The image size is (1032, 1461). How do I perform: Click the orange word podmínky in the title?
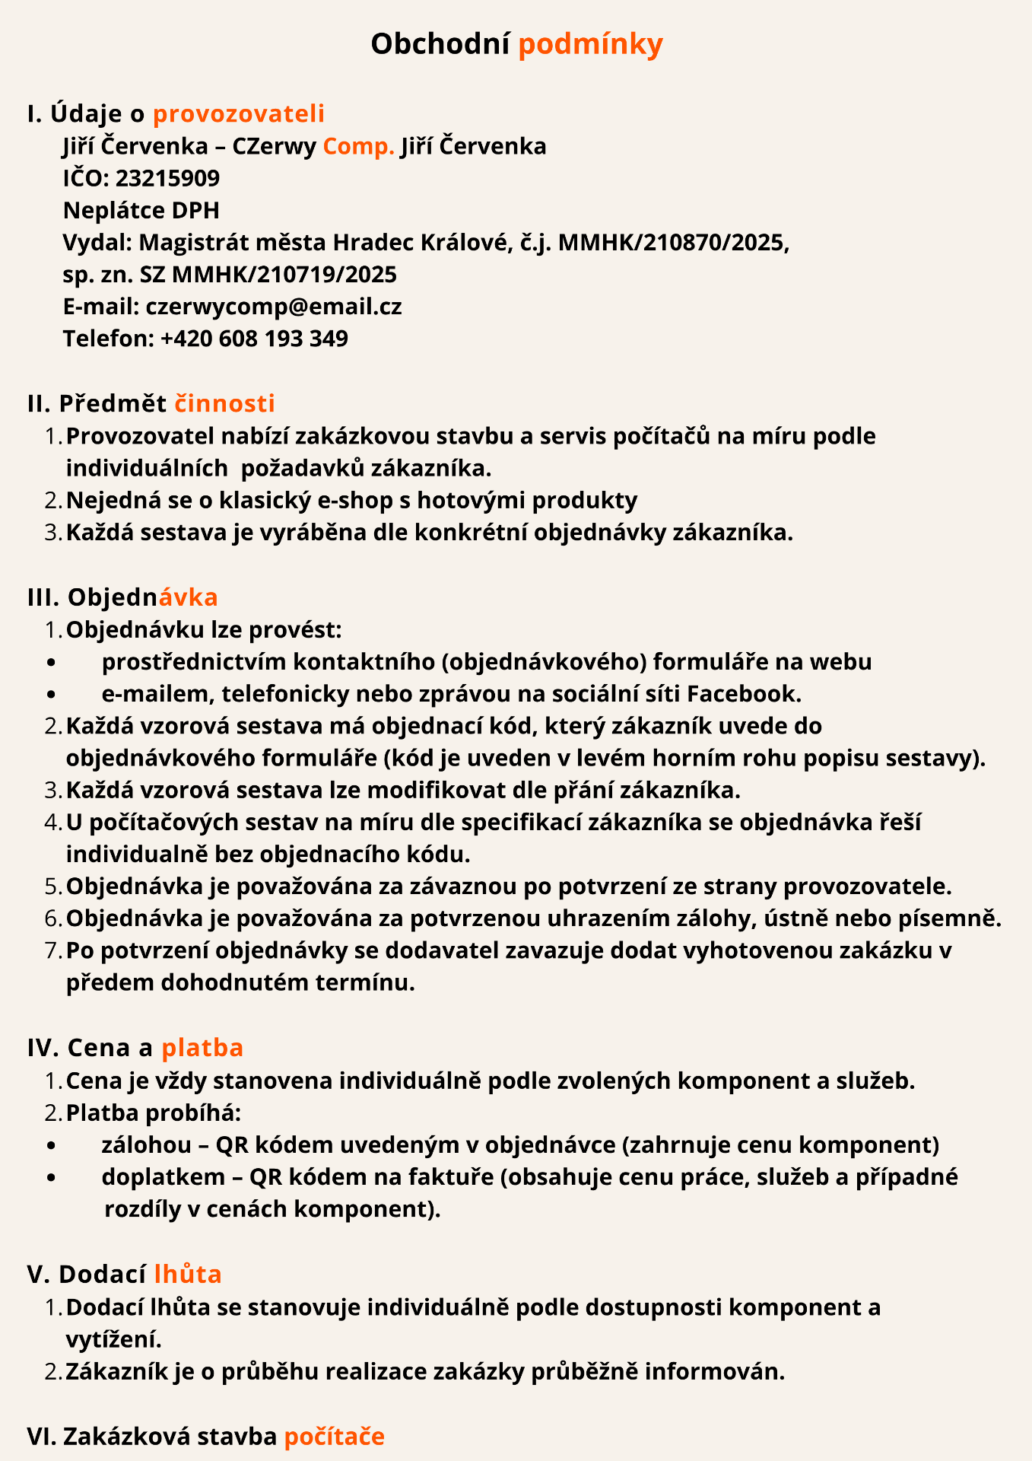click(590, 44)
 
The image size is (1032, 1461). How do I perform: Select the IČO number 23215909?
click(167, 178)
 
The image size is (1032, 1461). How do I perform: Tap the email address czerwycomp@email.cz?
click(274, 306)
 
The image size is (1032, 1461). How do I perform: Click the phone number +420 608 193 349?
click(254, 338)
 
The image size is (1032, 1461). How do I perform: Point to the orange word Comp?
click(358, 146)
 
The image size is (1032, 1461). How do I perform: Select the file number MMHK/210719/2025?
click(284, 274)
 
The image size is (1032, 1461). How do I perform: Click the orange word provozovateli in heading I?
click(239, 113)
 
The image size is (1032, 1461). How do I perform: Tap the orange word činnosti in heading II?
click(225, 403)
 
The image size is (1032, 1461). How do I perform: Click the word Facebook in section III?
click(744, 693)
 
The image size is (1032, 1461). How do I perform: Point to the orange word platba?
click(202, 1048)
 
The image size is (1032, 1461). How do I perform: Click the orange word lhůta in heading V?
click(188, 1274)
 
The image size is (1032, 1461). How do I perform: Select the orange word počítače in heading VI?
click(335, 1437)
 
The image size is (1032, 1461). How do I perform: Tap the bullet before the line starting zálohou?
click(51, 1145)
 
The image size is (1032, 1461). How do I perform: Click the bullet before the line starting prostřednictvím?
click(51, 662)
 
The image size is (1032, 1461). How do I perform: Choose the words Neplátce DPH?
click(141, 210)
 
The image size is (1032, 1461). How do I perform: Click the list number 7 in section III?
click(52, 950)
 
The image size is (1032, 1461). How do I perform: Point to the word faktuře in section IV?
click(454, 1177)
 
